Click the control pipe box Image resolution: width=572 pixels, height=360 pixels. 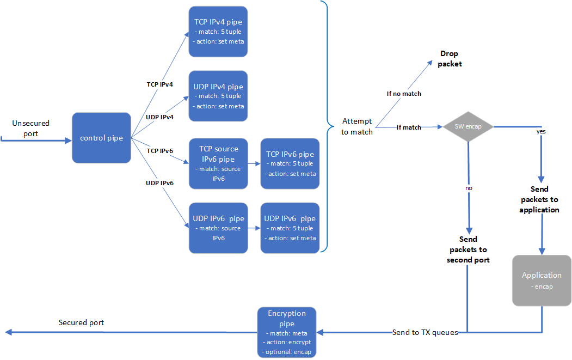(x=101, y=138)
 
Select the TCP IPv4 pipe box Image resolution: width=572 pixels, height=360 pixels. (x=218, y=32)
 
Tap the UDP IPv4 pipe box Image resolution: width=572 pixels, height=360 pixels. (x=218, y=96)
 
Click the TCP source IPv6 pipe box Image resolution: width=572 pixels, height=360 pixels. (x=218, y=163)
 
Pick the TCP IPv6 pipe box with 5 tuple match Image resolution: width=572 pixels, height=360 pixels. (x=290, y=163)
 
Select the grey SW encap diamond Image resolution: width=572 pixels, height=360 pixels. (x=468, y=127)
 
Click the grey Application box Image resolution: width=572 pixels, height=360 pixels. (x=542, y=280)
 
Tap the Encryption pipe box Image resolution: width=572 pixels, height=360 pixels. (x=287, y=332)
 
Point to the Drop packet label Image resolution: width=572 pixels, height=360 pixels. (x=450, y=59)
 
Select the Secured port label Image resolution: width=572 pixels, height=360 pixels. (x=81, y=322)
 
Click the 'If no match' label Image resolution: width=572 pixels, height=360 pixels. (x=404, y=94)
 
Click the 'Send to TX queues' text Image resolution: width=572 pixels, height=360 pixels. (x=425, y=332)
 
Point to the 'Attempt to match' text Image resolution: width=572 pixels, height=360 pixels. (x=358, y=126)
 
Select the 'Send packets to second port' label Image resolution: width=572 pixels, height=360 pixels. (x=468, y=249)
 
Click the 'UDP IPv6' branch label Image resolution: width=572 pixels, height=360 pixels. (x=159, y=183)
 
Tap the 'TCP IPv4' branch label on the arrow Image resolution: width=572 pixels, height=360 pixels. (x=159, y=84)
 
